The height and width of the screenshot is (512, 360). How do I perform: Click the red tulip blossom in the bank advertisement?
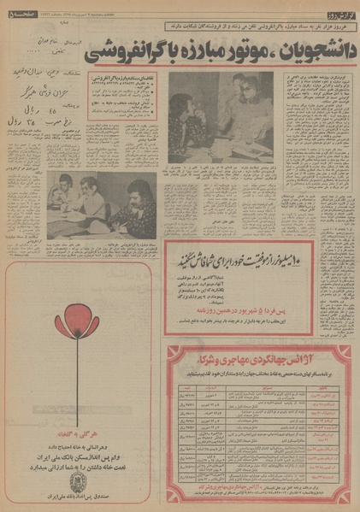[56, 309]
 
